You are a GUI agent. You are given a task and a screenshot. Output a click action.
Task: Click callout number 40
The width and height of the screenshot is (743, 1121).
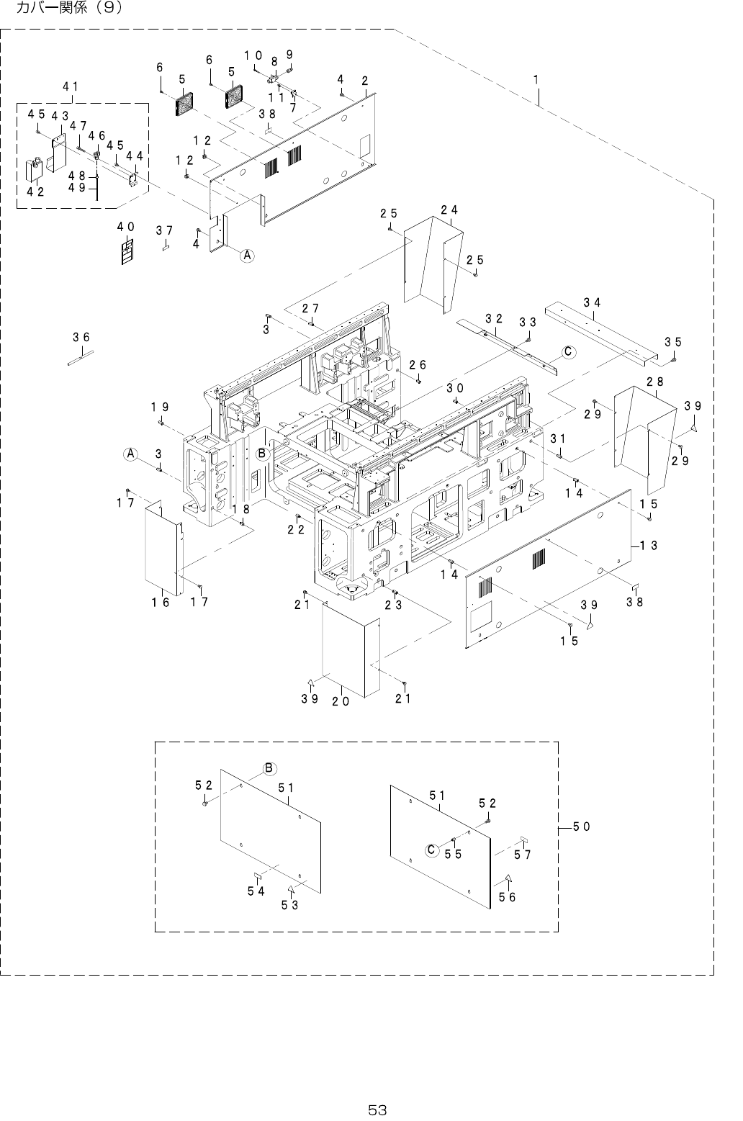click(x=126, y=227)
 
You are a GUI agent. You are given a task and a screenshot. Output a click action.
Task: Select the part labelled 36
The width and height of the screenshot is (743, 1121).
click(x=81, y=357)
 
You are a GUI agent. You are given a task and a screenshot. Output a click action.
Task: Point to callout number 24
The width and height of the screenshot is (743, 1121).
click(x=449, y=210)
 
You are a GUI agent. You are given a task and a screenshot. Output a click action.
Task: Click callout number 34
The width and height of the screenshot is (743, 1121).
click(x=592, y=302)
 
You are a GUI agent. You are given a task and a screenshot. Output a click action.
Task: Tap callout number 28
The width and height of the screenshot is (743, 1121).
click(x=654, y=382)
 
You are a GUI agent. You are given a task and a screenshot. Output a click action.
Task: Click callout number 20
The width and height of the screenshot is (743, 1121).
click(x=341, y=701)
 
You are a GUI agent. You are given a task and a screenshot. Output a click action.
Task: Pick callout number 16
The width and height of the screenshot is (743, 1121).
click(x=161, y=602)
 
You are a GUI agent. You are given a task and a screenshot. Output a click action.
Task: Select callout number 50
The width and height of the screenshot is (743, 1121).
click(x=581, y=827)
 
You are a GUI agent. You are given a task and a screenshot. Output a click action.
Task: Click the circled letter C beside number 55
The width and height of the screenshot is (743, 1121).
click(x=431, y=850)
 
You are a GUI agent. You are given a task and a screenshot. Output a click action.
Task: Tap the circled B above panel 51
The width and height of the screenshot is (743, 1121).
click(x=269, y=768)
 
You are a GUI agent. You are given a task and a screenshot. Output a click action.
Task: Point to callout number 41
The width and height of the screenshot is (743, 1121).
click(x=70, y=86)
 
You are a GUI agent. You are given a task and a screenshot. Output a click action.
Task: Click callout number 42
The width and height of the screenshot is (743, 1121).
click(x=35, y=192)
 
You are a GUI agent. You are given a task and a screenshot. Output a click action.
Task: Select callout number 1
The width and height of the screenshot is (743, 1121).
click(x=536, y=78)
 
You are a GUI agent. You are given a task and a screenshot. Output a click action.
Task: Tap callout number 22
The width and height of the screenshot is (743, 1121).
click(x=295, y=529)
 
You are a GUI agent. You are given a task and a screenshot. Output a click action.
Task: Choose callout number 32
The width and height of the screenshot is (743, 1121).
click(x=494, y=318)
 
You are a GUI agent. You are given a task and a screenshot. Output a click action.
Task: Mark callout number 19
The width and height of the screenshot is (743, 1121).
click(x=160, y=407)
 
